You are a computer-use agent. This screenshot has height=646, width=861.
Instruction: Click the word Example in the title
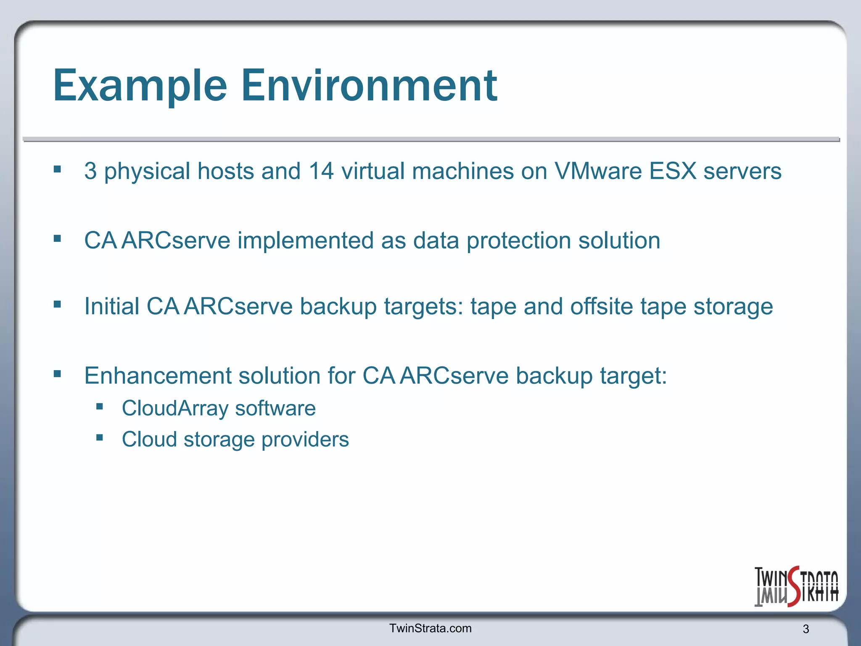pyautogui.click(x=140, y=86)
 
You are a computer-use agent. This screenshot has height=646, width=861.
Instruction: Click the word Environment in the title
pyautogui.click(x=369, y=86)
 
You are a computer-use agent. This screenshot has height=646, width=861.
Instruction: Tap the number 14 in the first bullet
pyautogui.click(x=321, y=171)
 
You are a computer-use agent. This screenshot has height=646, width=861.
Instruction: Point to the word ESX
pyautogui.click(x=673, y=171)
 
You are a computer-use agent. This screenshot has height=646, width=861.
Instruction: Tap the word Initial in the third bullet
pyautogui.click(x=112, y=306)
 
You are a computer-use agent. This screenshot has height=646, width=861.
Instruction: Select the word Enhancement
pyautogui.click(x=158, y=376)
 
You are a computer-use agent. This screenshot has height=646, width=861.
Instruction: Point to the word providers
pyautogui.click(x=305, y=440)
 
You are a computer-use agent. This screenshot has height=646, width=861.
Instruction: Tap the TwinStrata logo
pyautogui.click(x=796, y=587)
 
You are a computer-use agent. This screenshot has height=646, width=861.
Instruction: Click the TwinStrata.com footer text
pyautogui.click(x=430, y=628)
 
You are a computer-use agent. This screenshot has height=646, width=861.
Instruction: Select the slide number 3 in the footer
pyautogui.click(x=806, y=629)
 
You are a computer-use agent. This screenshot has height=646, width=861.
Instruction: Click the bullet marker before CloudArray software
pyautogui.click(x=100, y=407)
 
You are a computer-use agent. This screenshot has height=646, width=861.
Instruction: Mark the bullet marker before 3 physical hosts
pyautogui.click(x=58, y=169)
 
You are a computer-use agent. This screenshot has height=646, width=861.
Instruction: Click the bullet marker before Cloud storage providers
pyautogui.click(x=100, y=438)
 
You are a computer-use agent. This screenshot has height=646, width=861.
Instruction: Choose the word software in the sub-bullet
pyautogui.click(x=275, y=408)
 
